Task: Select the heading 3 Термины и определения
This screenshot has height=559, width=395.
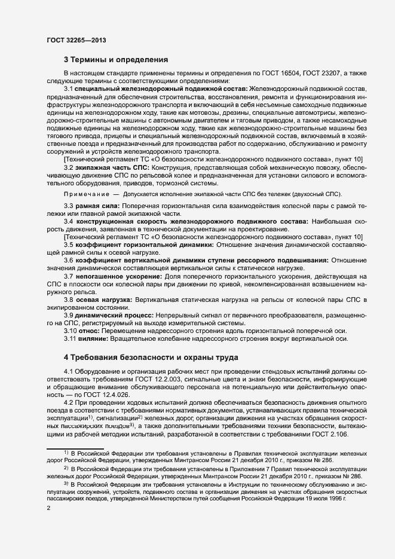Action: click(x=116, y=60)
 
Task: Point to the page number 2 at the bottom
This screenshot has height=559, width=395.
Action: click(x=48, y=509)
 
